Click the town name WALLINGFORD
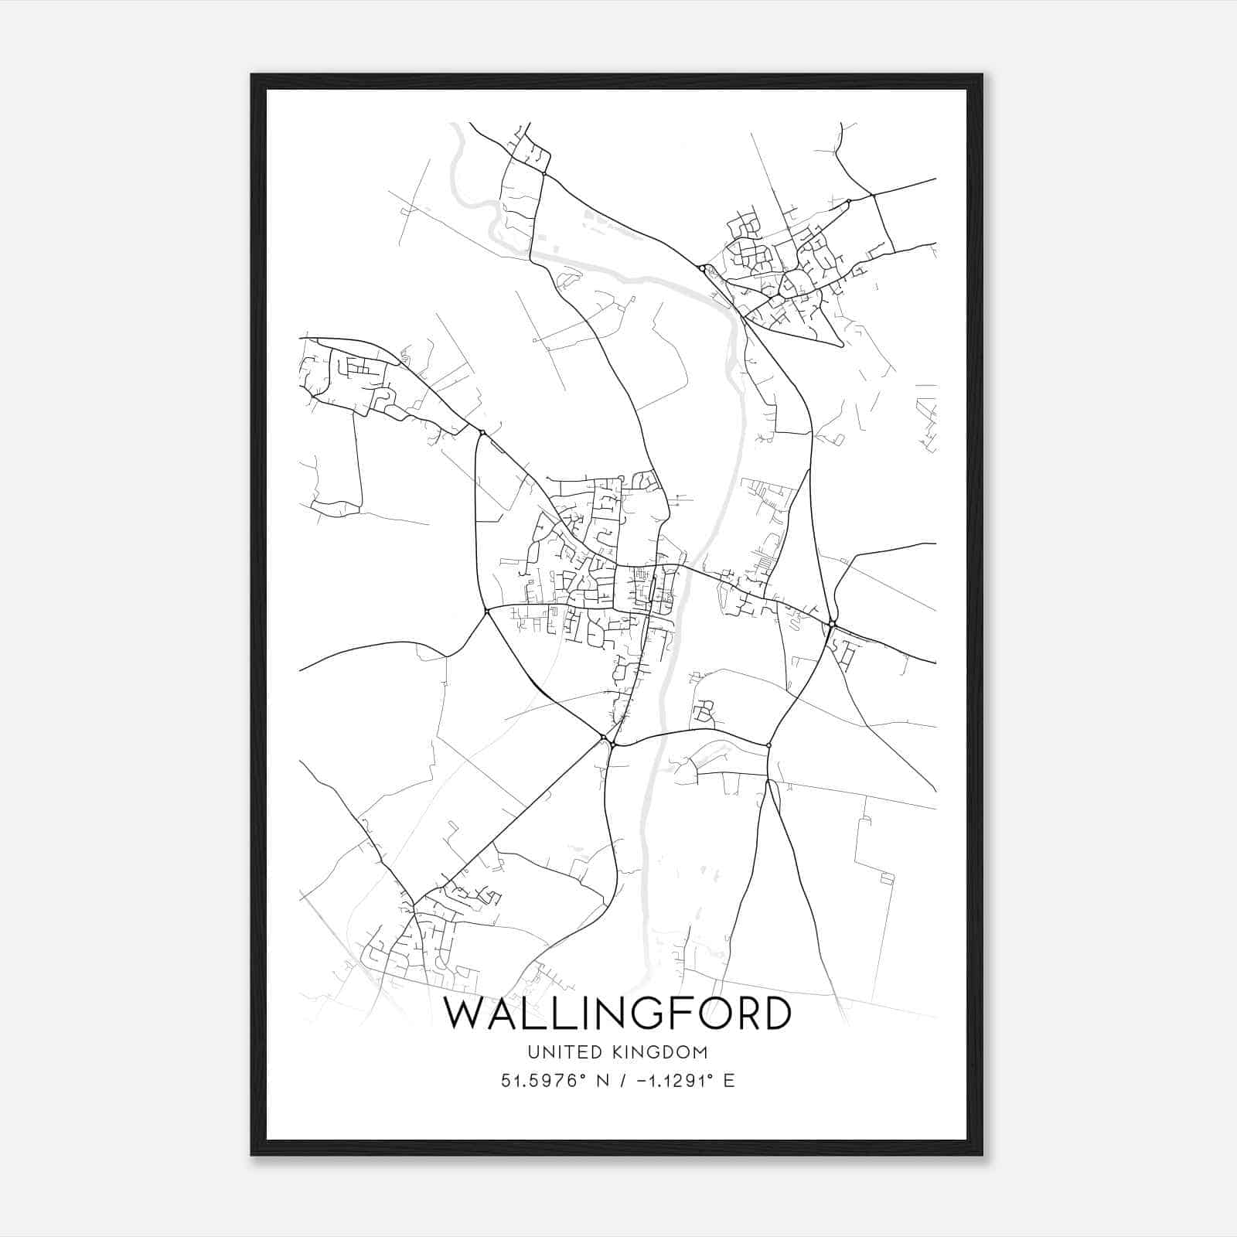[617, 1014]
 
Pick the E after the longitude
[729, 1081]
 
